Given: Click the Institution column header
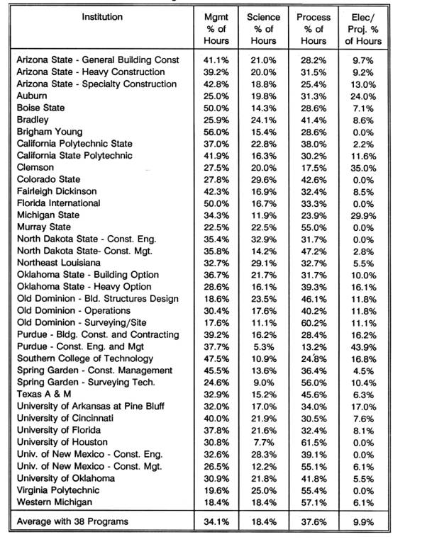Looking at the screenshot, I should tap(102, 16).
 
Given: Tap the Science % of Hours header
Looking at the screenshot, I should tap(264, 28).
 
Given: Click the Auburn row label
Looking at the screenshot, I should tap(33, 96).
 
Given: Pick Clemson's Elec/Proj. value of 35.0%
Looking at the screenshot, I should tap(367, 168).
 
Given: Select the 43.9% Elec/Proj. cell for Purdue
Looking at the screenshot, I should tap(367, 347).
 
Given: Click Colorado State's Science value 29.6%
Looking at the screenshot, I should tap(264, 180).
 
